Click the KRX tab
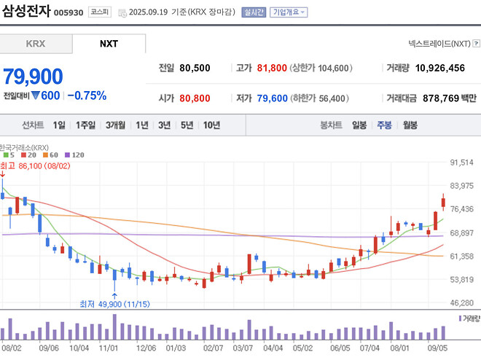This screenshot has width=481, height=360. (x=36, y=44)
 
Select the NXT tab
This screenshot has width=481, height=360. (x=109, y=44)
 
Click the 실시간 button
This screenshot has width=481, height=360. (x=254, y=12)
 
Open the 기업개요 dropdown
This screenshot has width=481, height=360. (x=289, y=12)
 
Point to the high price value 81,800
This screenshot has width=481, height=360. (x=270, y=69)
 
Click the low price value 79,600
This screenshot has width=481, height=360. (x=270, y=98)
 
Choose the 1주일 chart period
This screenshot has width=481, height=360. (x=85, y=125)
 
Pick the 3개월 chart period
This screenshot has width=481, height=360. (x=115, y=125)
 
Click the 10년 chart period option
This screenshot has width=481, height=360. (x=211, y=125)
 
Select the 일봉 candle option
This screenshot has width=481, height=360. (x=359, y=125)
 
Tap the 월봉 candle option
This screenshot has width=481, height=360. (x=410, y=125)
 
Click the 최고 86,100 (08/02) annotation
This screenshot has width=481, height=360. (x=34, y=165)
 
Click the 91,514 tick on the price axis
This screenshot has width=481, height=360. (x=463, y=163)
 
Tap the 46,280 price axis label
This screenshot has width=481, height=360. (x=463, y=302)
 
